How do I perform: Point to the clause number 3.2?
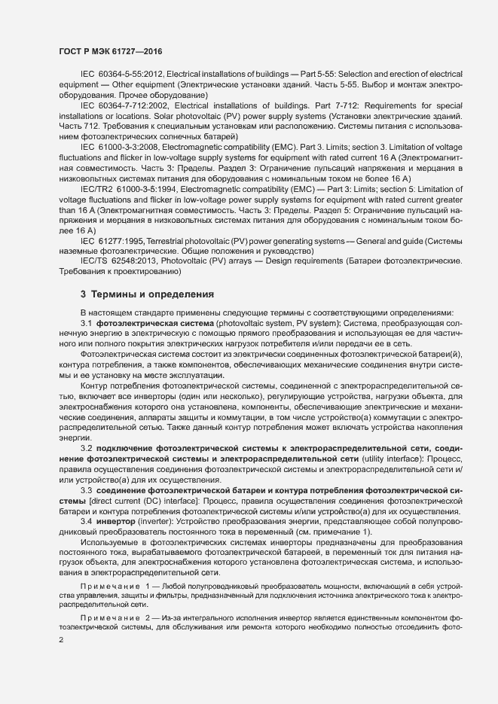click(x=86, y=449)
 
